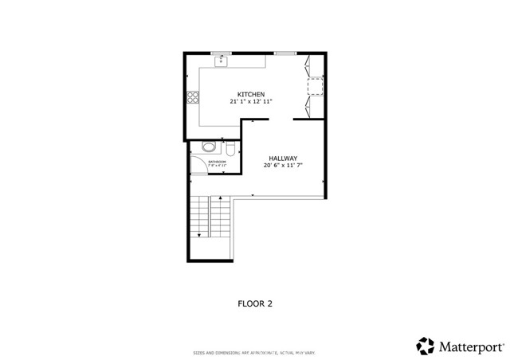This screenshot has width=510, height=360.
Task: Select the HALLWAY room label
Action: pyautogui.click(x=283, y=158)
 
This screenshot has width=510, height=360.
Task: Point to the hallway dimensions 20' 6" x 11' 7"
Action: pyautogui.click(x=283, y=166)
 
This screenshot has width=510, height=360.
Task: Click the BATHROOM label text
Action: pyautogui.click(x=218, y=162)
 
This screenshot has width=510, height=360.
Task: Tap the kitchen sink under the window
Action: pyautogui.click(x=222, y=61)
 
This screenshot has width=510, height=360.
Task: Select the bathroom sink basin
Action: pyautogui.click(x=209, y=147)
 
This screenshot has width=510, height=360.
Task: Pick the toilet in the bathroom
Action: pyautogui.click(x=229, y=148)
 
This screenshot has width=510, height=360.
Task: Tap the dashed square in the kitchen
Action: pyautogui.click(x=316, y=85)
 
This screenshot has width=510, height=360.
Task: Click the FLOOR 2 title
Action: pyautogui.click(x=256, y=303)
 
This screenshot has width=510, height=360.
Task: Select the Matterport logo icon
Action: pyautogui.click(x=426, y=346)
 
